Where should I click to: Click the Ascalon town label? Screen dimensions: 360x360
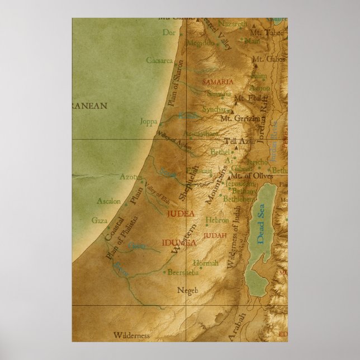pyautogui.click(x=108, y=201)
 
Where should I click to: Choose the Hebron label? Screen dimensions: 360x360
pyautogui.click(x=217, y=220)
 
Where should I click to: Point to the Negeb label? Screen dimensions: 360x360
pyautogui.click(x=188, y=290)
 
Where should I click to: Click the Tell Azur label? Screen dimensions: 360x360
pyautogui.click(x=239, y=141)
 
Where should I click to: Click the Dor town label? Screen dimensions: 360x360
pyautogui.click(x=168, y=33)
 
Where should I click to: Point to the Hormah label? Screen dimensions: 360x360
pyautogui.click(x=201, y=262)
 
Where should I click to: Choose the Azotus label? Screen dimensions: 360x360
pyautogui.click(x=129, y=177)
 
